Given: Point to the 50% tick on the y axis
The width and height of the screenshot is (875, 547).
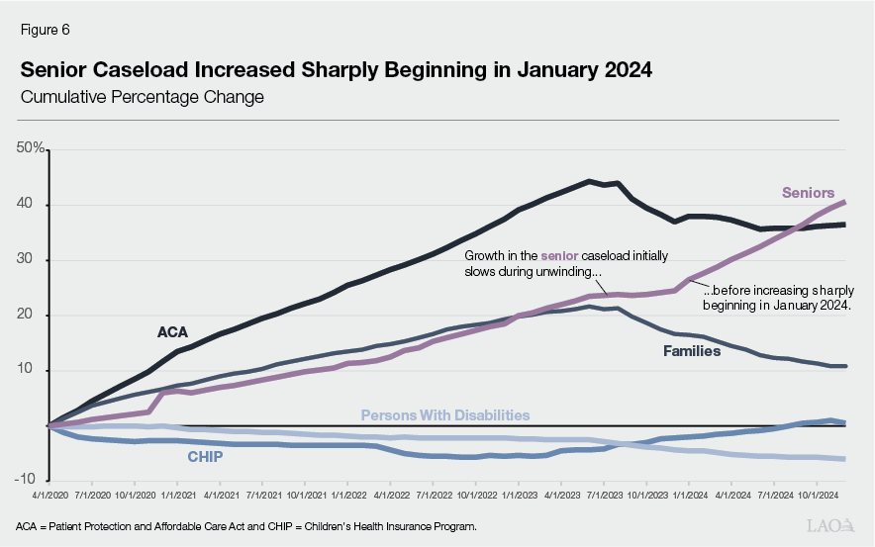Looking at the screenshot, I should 31,148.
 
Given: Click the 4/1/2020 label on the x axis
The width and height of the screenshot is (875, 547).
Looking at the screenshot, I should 48,492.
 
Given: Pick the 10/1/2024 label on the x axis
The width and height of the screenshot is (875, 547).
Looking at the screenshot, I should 818,492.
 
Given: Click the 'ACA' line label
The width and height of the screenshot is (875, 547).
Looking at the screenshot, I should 172,332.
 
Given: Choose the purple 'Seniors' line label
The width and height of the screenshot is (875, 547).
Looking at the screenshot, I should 808,193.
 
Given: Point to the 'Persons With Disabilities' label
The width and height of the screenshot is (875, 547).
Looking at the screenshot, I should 444,415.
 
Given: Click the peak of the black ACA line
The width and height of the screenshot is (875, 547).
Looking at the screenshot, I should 589,181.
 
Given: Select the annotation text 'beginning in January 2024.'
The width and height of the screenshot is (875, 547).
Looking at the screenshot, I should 778,307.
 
